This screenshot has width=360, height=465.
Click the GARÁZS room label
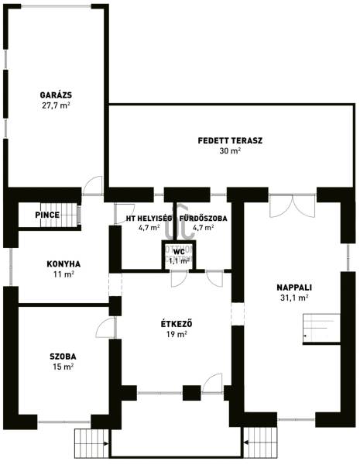coord(56,95)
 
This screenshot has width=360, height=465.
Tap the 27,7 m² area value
coord(56,105)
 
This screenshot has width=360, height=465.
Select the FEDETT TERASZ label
coord(230,140)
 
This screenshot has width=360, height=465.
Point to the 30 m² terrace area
coord(230,151)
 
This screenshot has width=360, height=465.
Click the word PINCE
coord(47,215)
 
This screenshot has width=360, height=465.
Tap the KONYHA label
coord(63,264)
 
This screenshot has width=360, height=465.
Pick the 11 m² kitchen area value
coord(63,274)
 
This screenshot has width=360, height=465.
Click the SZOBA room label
coord(63,356)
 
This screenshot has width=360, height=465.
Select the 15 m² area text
coord(63,367)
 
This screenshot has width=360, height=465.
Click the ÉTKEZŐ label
coord(177,323)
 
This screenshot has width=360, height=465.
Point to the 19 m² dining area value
coord(177,334)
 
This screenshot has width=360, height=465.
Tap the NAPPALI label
coord(294,288)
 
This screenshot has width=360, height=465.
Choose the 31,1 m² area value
coord(294,298)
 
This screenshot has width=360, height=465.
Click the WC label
coord(179,252)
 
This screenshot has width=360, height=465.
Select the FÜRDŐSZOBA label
coord(204,219)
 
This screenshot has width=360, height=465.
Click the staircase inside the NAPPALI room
coord(321,329)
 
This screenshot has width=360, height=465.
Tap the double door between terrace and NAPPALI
coord(293,206)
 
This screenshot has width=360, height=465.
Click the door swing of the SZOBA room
coord(105,328)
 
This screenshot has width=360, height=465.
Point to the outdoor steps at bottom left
coord(92,443)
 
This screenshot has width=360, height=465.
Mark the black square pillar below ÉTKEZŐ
coord(191,393)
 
